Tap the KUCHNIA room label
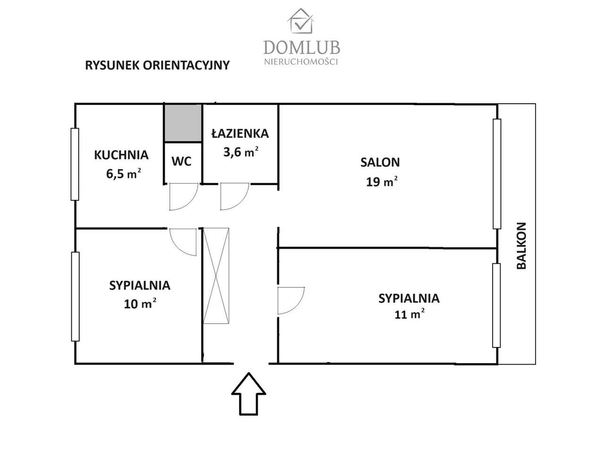tap(121, 155)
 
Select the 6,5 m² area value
tap(124, 173)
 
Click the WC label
tap(182, 162)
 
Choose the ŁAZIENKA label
tap(240, 134)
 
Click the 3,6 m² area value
tap(240, 152)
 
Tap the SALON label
tap(380, 163)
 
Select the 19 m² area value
tap(381, 181)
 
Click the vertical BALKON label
tap(521, 245)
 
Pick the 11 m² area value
tap(409, 314)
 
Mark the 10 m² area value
tap(140, 304)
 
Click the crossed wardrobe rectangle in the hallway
tap(216, 276)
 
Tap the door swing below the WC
tap(183, 197)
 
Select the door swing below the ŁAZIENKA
tap(234, 197)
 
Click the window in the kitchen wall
tap(75, 164)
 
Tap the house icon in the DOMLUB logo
tap(301, 21)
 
